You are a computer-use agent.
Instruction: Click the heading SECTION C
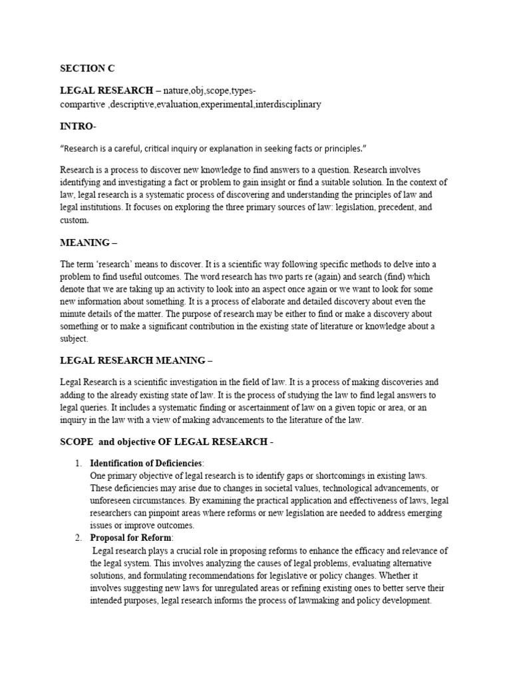83,68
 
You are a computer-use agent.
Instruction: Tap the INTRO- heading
77,126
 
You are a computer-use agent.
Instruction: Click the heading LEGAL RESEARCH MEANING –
136,360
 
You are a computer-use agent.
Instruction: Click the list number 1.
78,463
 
